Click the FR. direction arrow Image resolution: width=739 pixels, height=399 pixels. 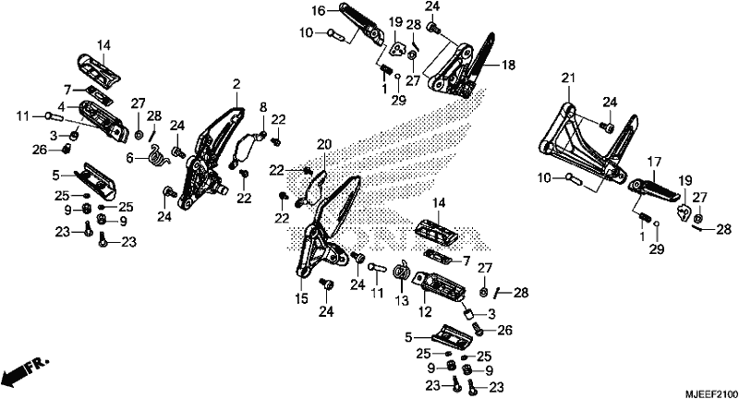[25, 370]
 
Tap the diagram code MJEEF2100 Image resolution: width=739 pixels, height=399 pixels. [711, 393]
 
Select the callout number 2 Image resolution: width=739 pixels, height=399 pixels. [236, 85]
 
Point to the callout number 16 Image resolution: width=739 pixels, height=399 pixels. [319, 10]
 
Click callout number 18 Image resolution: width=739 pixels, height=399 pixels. [509, 65]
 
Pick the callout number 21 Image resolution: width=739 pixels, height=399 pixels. [568, 79]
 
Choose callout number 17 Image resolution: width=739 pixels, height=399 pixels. [655, 163]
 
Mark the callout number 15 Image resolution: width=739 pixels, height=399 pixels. [302, 298]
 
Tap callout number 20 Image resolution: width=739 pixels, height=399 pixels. [324, 145]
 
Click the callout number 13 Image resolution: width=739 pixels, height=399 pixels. [402, 300]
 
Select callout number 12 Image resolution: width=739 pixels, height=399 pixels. [425, 311]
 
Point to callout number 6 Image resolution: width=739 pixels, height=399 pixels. [130, 158]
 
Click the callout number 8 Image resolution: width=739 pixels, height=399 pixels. [263, 107]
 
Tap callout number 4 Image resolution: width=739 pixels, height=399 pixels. [62, 106]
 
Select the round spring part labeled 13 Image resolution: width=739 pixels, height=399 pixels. [402, 272]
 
